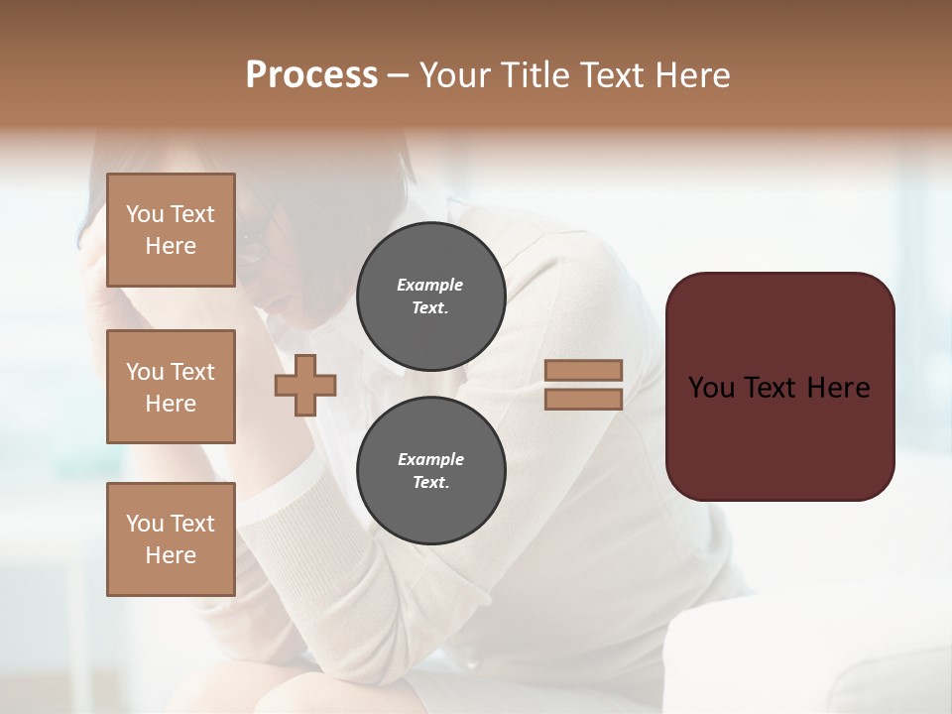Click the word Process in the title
click(311, 75)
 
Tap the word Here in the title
click(688, 75)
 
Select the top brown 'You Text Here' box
click(171, 230)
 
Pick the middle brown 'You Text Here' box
click(171, 387)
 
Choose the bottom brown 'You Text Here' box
click(171, 539)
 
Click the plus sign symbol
click(305, 385)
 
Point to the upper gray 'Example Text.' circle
click(430, 297)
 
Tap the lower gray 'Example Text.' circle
click(430, 471)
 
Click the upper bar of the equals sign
click(584, 370)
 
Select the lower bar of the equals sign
click(584, 399)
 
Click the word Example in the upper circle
click(429, 285)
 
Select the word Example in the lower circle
click(430, 459)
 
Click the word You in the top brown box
click(145, 214)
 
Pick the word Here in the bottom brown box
click(171, 555)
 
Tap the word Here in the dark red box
click(838, 388)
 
